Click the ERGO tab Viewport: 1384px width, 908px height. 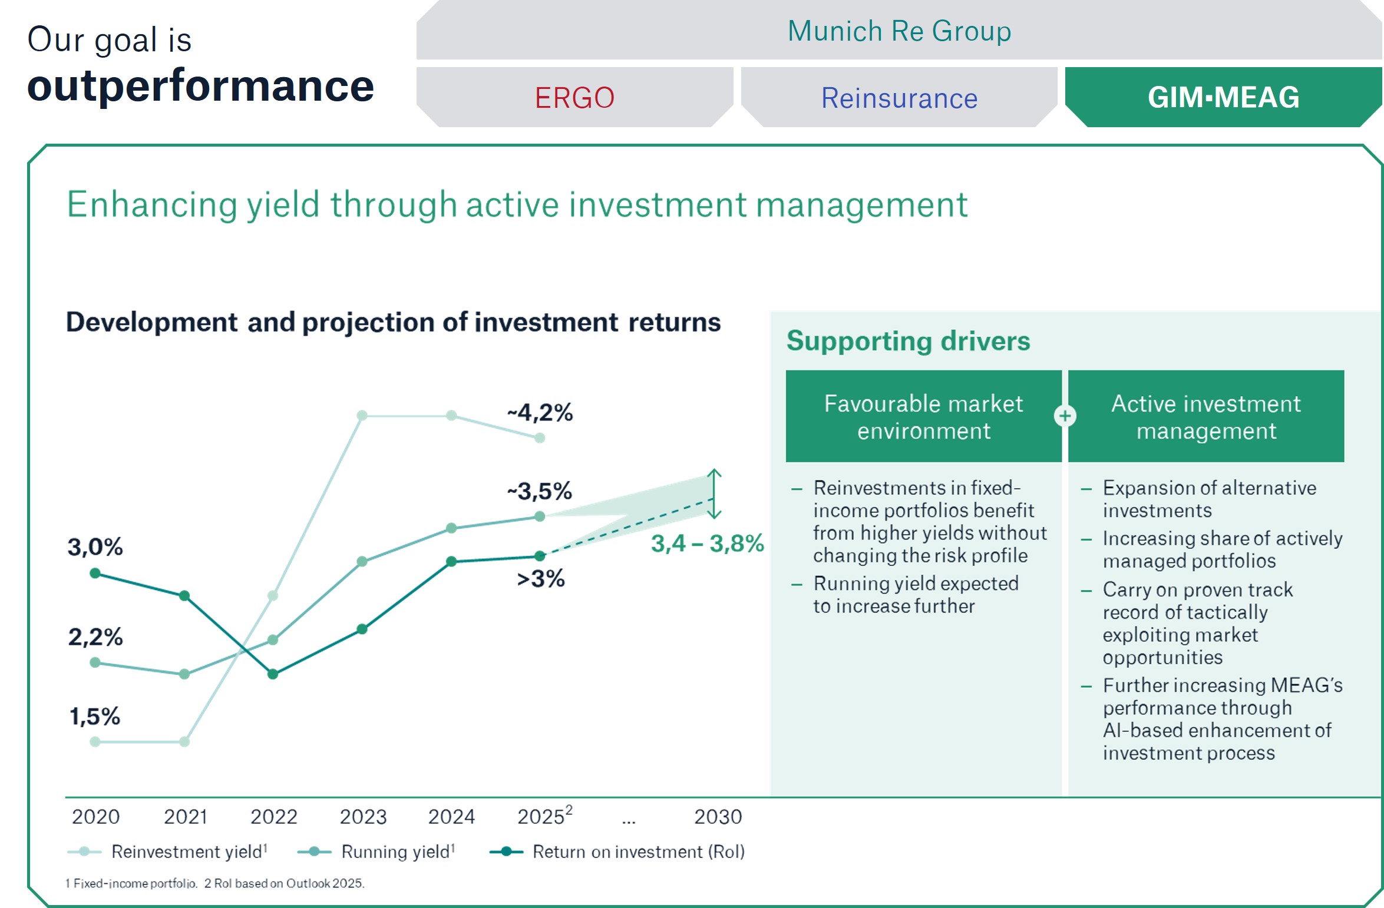click(x=574, y=98)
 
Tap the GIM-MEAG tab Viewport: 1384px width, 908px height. click(x=1223, y=98)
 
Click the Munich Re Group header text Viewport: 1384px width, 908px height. click(x=899, y=31)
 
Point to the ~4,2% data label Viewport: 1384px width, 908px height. click(x=540, y=413)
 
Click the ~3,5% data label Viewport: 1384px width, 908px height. click(x=540, y=491)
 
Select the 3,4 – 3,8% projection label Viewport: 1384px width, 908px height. click(x=706, y=544)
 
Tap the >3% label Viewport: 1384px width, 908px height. click(x=540, y=579)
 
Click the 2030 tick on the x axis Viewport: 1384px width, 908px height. click(x=718, y=817)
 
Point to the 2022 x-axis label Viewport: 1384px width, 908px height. click(x=274, y=817)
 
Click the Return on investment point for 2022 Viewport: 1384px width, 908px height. click(x=273, y=674)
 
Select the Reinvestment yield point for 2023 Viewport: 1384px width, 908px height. click(x=362, y=416)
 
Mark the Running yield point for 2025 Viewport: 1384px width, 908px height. click(x=540, y=516)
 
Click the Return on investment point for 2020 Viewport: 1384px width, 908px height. click(x=95, y=574)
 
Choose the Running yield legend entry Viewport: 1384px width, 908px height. click(x=377, y=851)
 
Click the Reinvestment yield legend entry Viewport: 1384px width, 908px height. click(x=168, y=851)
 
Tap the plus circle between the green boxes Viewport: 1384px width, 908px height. click(x=1065, y=416)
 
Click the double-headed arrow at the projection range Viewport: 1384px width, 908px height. click(x=714, y=493)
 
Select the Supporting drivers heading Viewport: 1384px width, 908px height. click(x=908, y=341)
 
